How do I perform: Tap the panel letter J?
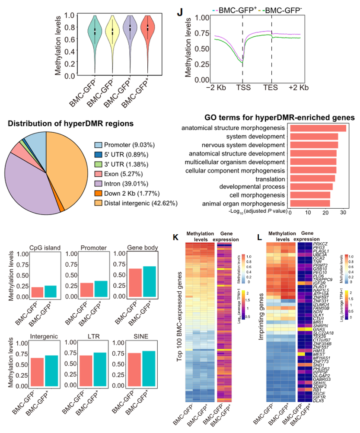[x=181, y=12]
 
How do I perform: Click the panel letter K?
[x=176, y=237]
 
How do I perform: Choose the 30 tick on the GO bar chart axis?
[x=343, y=213]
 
